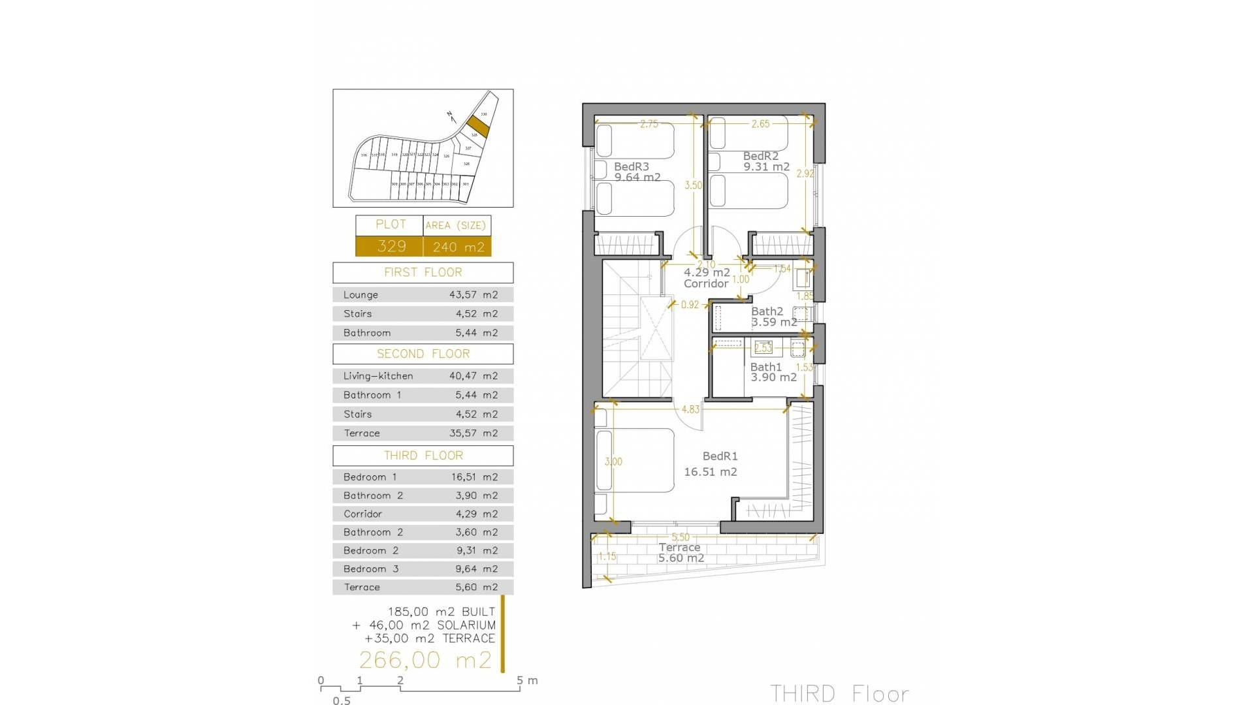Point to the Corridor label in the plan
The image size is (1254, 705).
coord(706,284)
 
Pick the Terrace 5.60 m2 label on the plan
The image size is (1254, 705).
coord(680,552)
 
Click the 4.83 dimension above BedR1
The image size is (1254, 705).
coord(690,409)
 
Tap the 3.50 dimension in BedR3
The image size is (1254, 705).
coord(693,185)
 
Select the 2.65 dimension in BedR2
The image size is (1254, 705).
coord(760,124)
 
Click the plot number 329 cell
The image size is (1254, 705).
coord(391,246)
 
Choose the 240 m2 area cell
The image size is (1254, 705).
coord(458,247)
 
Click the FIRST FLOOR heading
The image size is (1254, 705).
coord(423,272)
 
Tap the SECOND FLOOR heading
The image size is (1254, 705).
coord(423,354)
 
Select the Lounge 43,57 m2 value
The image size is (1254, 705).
coord(473,295)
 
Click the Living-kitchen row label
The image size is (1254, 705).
coord(378,376)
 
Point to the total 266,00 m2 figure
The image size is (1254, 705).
coord(425,659)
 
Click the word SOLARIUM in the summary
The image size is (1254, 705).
coord(466,625)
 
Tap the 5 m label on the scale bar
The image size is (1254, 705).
coord(527,680)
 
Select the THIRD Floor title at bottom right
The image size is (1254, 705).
coord(839,693)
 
